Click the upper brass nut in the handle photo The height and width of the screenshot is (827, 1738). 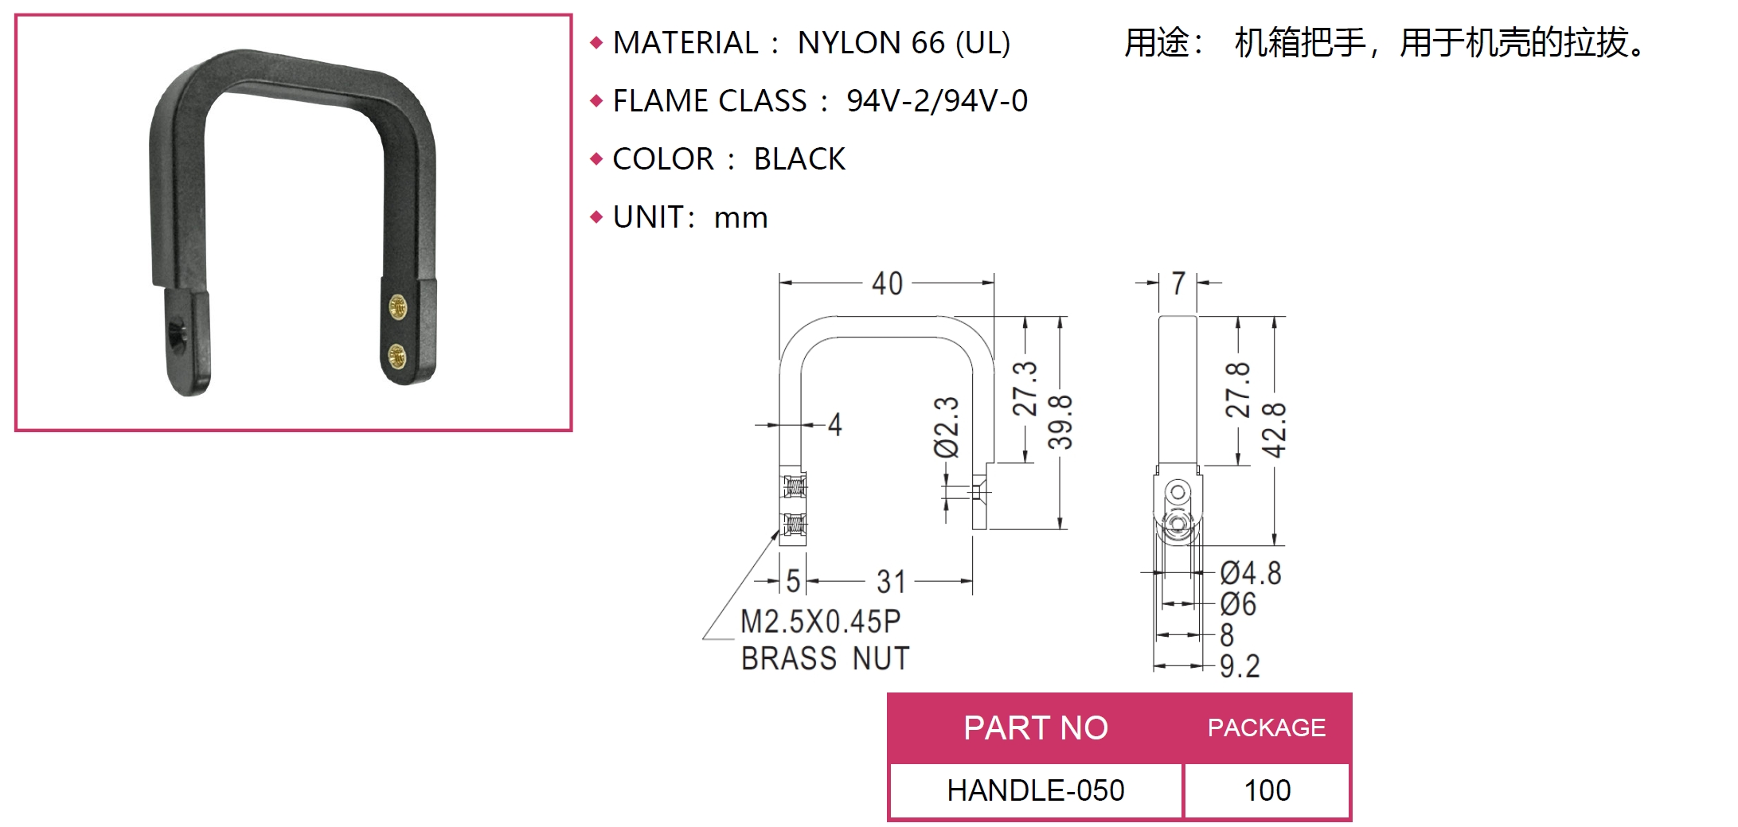coord(397,306)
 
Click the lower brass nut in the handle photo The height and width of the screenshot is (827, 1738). coord(396,356)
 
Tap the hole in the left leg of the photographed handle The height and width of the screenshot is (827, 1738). coord(177,329)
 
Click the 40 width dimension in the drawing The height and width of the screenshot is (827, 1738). coord(887,283)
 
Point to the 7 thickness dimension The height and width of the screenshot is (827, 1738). coord(1178,283)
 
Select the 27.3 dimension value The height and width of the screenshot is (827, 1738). coord(1025,388)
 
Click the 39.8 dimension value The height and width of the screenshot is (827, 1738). coord(1060,422)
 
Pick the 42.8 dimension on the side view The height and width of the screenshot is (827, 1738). coord(1274,430)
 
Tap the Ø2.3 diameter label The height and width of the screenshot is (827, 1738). coord(947,427)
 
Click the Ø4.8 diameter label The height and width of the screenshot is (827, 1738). coord(1251,573)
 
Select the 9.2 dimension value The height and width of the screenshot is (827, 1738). coord(1240,666)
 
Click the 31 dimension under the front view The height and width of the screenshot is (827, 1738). coord(891,582)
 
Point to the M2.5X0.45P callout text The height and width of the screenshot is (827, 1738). coord(820,622)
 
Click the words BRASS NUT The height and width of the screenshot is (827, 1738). coord(825,659)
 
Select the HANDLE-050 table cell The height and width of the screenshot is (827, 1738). coord(1035,790)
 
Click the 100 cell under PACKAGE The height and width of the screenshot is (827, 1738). coord(1267,790)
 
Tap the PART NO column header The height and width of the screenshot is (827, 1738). coord(1035,728)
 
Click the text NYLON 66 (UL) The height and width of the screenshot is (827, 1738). coord(904,43)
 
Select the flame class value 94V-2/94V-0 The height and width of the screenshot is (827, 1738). coord(936,101)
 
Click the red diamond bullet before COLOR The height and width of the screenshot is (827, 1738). coord(596,159)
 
